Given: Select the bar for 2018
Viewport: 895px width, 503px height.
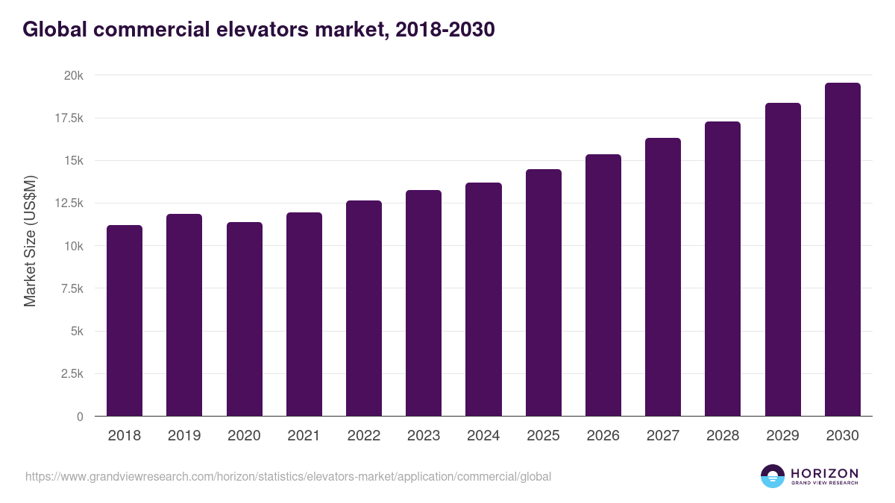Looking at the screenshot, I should click(x=125, y=320).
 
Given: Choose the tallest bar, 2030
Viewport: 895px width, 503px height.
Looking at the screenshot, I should click(x=842, y=250).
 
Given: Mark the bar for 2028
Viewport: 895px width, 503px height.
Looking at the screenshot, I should click(x=723, y=268).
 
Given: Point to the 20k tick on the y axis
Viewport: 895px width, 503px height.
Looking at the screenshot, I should click(x=72, y=76).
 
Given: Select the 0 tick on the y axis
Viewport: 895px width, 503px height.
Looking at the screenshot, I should click(x=80, y=417).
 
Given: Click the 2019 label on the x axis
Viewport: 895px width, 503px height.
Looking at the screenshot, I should click(x=184, y=436).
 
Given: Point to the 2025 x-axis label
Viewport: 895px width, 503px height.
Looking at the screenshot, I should click(x=543, y=436).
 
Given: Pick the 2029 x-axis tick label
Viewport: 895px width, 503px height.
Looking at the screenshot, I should click(x=782, y=436).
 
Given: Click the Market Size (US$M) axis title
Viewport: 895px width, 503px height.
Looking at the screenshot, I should click(x=30, y=240).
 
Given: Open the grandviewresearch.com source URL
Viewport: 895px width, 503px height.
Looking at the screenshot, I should click(x=288, y=476).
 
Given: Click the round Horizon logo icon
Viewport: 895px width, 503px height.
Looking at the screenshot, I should click(x=773, y=476).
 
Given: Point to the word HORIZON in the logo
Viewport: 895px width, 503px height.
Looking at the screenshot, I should click(x=824, y=473).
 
